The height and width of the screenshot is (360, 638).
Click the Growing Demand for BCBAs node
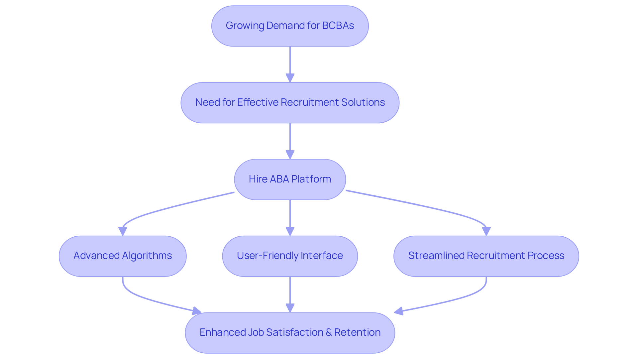coord(290,26)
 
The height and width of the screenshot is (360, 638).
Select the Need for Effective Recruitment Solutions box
coord(290,103)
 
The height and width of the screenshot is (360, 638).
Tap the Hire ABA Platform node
coord(290,180)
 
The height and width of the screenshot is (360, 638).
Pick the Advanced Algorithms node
coord(123,256)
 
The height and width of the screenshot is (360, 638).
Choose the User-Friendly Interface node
coord(290,256)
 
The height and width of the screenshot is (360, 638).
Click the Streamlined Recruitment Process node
coord(486,256)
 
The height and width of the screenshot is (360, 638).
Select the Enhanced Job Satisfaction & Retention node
coord(290,333)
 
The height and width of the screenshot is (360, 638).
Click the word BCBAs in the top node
coord(338,26)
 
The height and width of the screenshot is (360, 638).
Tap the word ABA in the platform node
coord(279,179)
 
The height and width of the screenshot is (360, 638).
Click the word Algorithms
coord(147,256)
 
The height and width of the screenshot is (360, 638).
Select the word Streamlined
coord(436,256)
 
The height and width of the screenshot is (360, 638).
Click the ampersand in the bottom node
coord(329,332)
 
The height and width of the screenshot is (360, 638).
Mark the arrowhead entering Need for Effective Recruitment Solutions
coord(290,78)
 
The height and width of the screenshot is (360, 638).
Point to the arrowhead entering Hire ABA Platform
coord(290,155)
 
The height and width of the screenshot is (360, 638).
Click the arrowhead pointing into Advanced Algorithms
coord(123,231)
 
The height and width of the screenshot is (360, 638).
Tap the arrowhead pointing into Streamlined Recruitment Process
coord(486,231)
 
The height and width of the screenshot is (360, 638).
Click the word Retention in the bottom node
coord(357,332)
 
